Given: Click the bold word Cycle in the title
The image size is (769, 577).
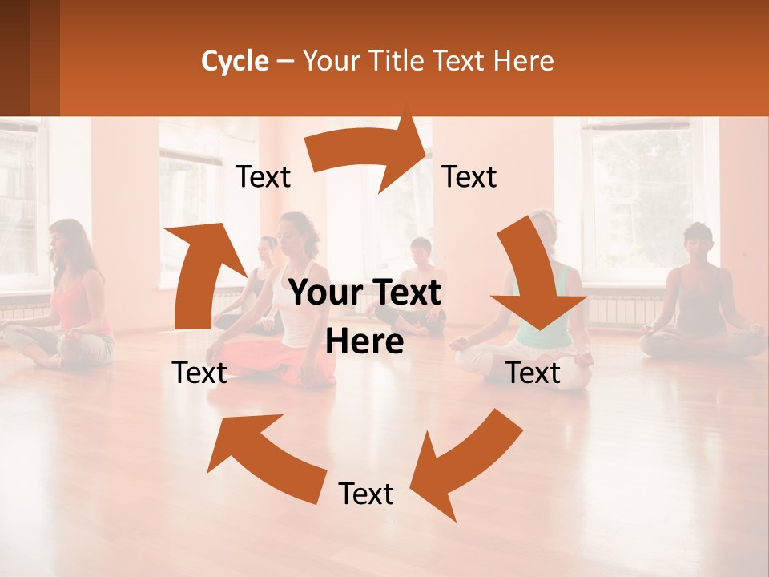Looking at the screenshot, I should (235, 61).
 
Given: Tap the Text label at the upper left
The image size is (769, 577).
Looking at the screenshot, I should (263, 177).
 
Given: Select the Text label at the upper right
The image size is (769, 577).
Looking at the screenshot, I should (469, 177).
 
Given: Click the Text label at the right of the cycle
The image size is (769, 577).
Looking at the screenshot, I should (533, 373).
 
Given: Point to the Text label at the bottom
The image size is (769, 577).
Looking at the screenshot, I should (366, 494).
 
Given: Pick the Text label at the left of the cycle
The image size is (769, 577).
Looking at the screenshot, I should (199, 373).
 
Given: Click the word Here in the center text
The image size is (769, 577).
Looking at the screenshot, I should (364, 341).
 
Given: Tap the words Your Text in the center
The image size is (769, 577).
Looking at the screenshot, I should (364, 294).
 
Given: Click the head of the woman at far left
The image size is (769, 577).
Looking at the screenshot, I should (65, 239).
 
